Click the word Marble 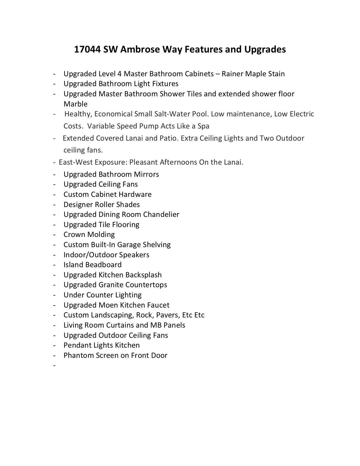click(75, 104)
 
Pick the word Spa click(203, 126)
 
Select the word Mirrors click(146, 174)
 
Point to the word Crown click(74, 234)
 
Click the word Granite click(111, 285)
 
